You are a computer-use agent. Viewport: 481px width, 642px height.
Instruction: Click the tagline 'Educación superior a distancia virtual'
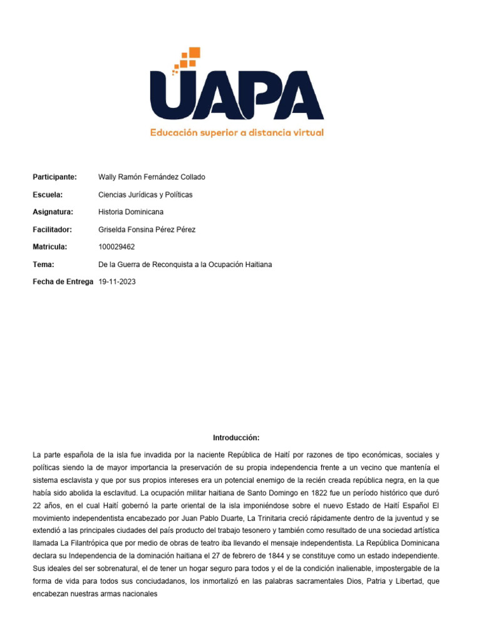[x=237, y=133]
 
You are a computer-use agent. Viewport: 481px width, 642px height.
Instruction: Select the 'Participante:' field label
[x=54, y=177]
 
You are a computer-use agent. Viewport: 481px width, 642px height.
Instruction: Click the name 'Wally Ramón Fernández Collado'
[x=152, y=177]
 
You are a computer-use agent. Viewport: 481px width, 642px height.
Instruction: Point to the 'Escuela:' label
[x=48, y=194]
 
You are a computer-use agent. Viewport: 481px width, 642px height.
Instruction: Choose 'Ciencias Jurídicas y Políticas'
[x=145, y=194]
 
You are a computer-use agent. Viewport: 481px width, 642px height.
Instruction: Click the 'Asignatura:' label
[x=53, y=212]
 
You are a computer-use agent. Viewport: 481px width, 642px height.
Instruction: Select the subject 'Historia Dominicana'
[x=131, y=212]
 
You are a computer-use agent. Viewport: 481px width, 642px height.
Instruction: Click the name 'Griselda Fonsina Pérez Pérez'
[x=147, y=229]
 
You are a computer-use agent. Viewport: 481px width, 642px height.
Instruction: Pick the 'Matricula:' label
[x=50, y=247]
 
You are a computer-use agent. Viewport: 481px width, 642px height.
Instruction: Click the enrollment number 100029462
[x=116, y=247]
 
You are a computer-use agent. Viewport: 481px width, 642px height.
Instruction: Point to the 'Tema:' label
[x=43, y=265]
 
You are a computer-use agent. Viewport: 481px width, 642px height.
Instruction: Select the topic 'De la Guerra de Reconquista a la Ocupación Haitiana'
[x=185, y=265]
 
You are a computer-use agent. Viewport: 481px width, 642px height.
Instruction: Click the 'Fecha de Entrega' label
[x=64, y=282]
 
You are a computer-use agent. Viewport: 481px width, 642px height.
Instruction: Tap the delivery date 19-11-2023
[x=117, y=282]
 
